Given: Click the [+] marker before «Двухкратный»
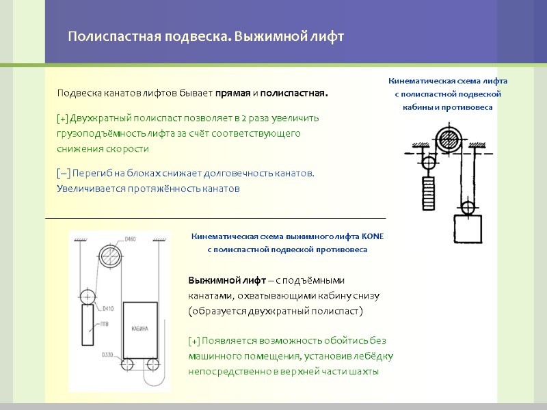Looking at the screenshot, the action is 62,118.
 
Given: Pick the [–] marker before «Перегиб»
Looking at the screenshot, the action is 63,174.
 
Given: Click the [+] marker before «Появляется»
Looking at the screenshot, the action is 194,341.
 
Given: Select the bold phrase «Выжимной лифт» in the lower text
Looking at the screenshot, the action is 218,281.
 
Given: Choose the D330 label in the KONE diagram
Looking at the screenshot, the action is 107,355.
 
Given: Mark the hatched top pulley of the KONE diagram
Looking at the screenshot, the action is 109,256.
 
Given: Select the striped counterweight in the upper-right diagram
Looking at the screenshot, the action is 428,194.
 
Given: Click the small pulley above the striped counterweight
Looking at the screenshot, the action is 428,163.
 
